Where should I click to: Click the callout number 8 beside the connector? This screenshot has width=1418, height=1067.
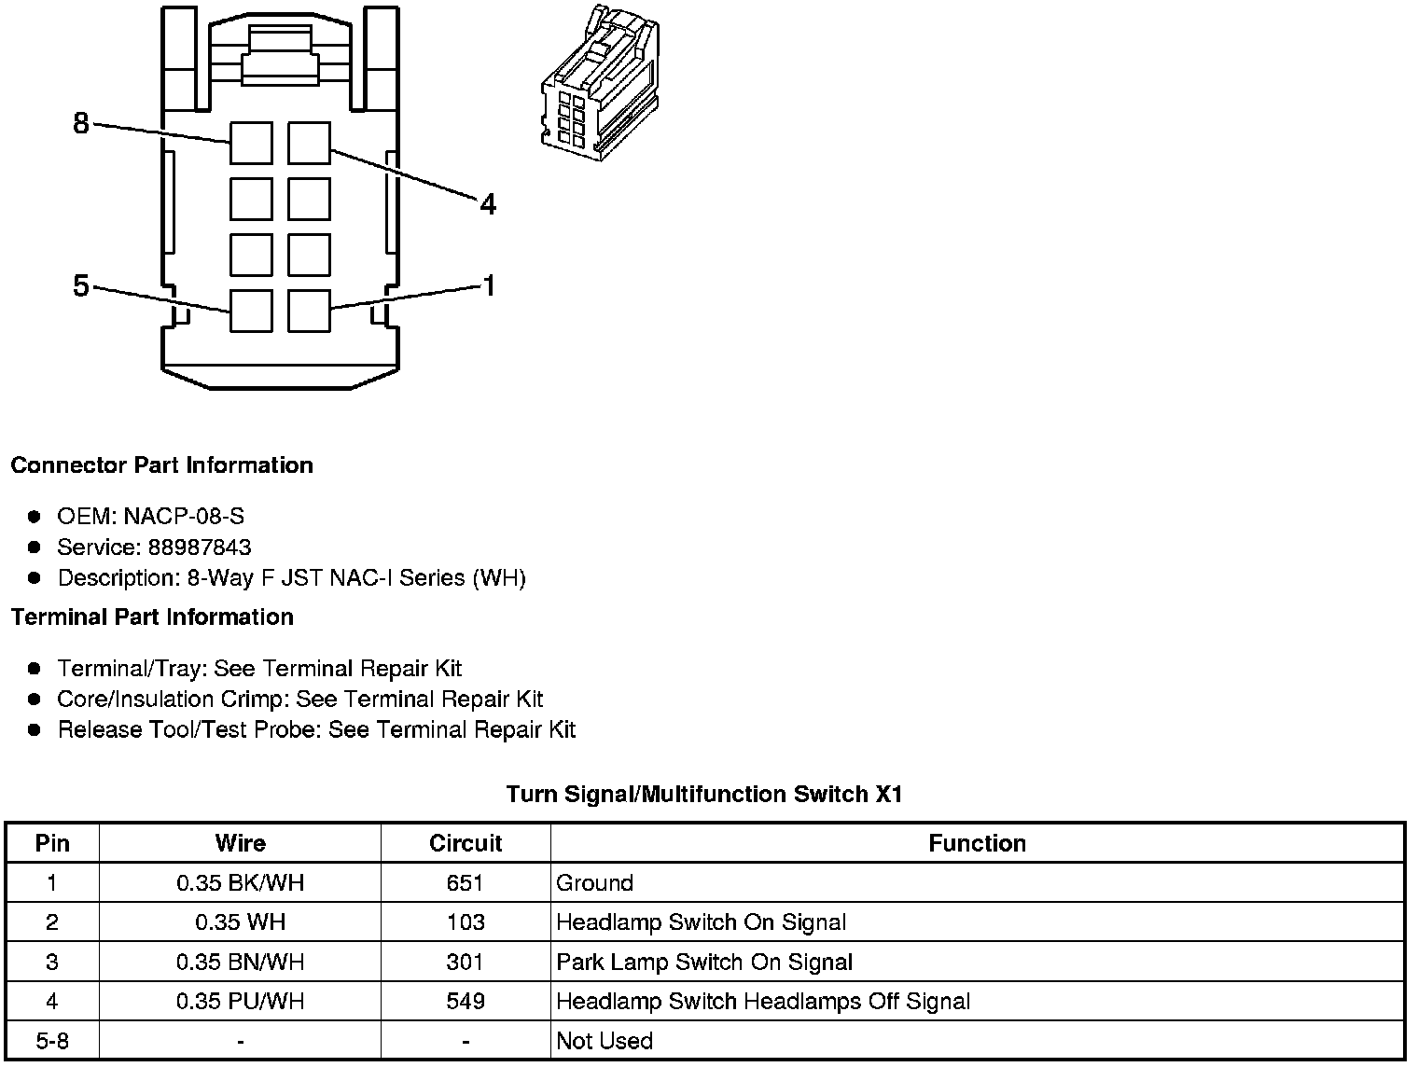pyautogui.click(x=81, y=123)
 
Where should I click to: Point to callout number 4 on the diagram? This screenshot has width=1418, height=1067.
pyautogui.click(x=488, y=204)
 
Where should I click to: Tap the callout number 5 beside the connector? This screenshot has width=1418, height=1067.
pyautogui.click(x=81, y=285)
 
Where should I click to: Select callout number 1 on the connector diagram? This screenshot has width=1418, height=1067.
pyautogui.click(x=489, y=285)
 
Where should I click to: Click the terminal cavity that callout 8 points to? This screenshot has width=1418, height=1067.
pyautogui.click(x=251, y=143)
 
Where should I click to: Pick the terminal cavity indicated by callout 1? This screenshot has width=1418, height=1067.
pyautogui.click(x=309, y=311)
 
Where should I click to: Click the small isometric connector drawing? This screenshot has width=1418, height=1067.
pyautogui.click(x=600, y=83)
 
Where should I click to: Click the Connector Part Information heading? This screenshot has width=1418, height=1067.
pyautogui.click(x=162, y=465)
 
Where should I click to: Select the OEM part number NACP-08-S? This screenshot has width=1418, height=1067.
pyautogui.click(x=184, y=516)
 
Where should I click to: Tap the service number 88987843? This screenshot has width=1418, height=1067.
pyautogui.click(x=200, y=547)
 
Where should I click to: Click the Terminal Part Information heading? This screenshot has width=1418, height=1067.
pyautogui.click(x=152, y=617)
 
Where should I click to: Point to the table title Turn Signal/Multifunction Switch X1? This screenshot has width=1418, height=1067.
pyautogui.click(x=704, y=794)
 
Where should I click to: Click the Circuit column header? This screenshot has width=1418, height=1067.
pyautogui.click(x=466, y=843)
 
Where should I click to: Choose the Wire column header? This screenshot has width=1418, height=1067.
pyautogui.click(x=241, y=843)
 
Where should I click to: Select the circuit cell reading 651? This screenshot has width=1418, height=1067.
pyautogui.click(x=466, y=883)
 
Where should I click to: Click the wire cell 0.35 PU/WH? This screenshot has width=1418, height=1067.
pyautogui.click(x=241, y=1001)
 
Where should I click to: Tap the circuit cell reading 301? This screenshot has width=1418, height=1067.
pyautogui.click(x=466, y=962)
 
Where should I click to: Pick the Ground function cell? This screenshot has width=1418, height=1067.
pyautogui.click(x=594, y=883)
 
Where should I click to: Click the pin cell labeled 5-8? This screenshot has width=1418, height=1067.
pyautogui.click(x=52, y=1041)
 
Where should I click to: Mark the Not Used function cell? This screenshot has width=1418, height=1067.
pyautogui.click(x=605, y=1041)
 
